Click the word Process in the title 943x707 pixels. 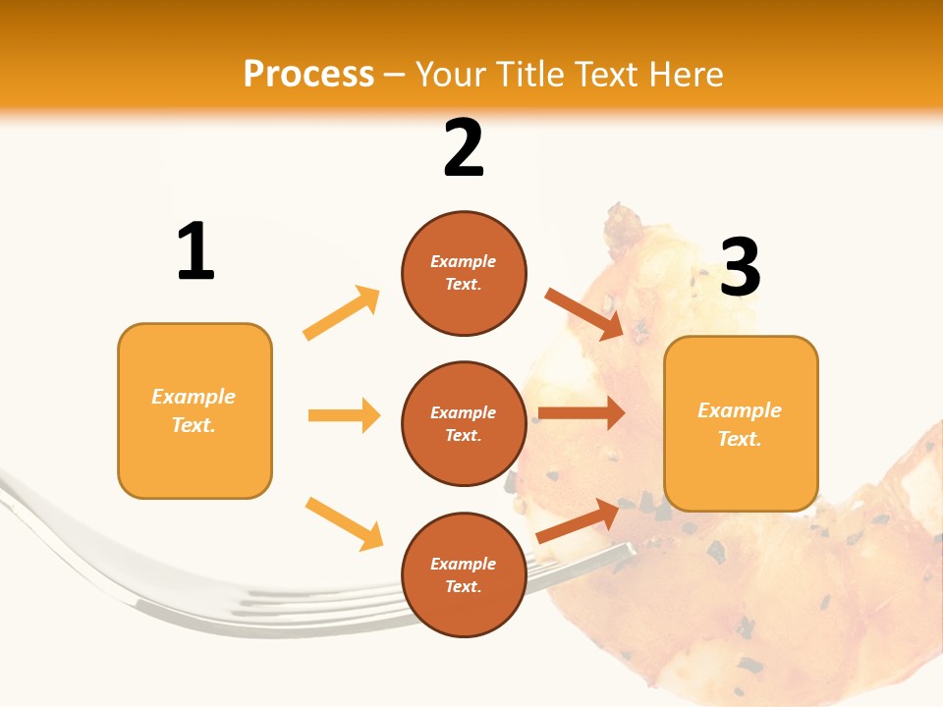[x=308, y=75]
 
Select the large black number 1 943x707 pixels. [x=195, y=252]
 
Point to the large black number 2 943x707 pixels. [x=464, y=148]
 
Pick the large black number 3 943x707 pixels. [x=740, y=268]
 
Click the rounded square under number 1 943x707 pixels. [x=194, y=410]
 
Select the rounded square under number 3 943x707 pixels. [x=741, y=423]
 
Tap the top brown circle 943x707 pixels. [x=464, y=273]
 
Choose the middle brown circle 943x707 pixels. [x=464, y=423]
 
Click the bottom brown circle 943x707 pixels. [x=464, y=574]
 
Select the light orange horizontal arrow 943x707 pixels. [x=344, y=415]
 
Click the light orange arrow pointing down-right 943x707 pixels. [x=344, y=522]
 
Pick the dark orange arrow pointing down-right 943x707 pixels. [x=583, y=313]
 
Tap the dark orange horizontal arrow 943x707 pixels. [x=582, y=413]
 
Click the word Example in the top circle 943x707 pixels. [x=464, y=261]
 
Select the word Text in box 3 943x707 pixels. [x=740, y=439]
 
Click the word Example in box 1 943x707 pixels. [x=194, y=397]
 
